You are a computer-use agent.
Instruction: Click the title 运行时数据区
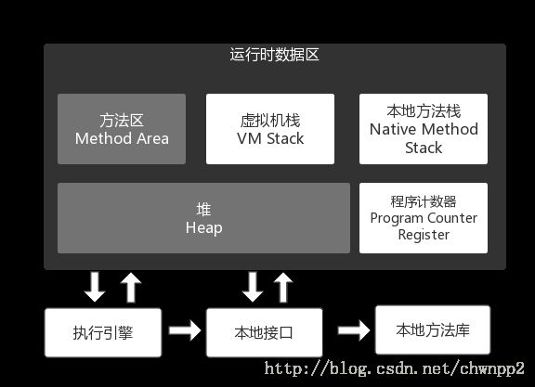274,55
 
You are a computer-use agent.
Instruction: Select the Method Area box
122,129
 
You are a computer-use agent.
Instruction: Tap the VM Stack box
270,129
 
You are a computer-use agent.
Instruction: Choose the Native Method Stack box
424,129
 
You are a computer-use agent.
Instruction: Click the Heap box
203,218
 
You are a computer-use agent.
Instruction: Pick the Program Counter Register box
424,218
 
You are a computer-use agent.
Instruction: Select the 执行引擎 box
103,333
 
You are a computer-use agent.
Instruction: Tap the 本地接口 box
265,333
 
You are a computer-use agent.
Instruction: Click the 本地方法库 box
433,330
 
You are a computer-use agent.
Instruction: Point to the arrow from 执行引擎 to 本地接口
185,330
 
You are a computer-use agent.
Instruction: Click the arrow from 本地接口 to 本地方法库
354,330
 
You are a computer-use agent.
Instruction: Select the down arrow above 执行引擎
95,287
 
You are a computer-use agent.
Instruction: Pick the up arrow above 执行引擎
131,288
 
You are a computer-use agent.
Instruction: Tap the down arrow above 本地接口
252,287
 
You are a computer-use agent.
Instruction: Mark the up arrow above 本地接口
283,288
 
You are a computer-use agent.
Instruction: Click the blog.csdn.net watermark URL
394,369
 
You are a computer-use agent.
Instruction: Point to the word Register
424,235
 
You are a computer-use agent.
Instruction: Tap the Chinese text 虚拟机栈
270,121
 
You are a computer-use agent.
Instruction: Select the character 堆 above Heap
203,210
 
